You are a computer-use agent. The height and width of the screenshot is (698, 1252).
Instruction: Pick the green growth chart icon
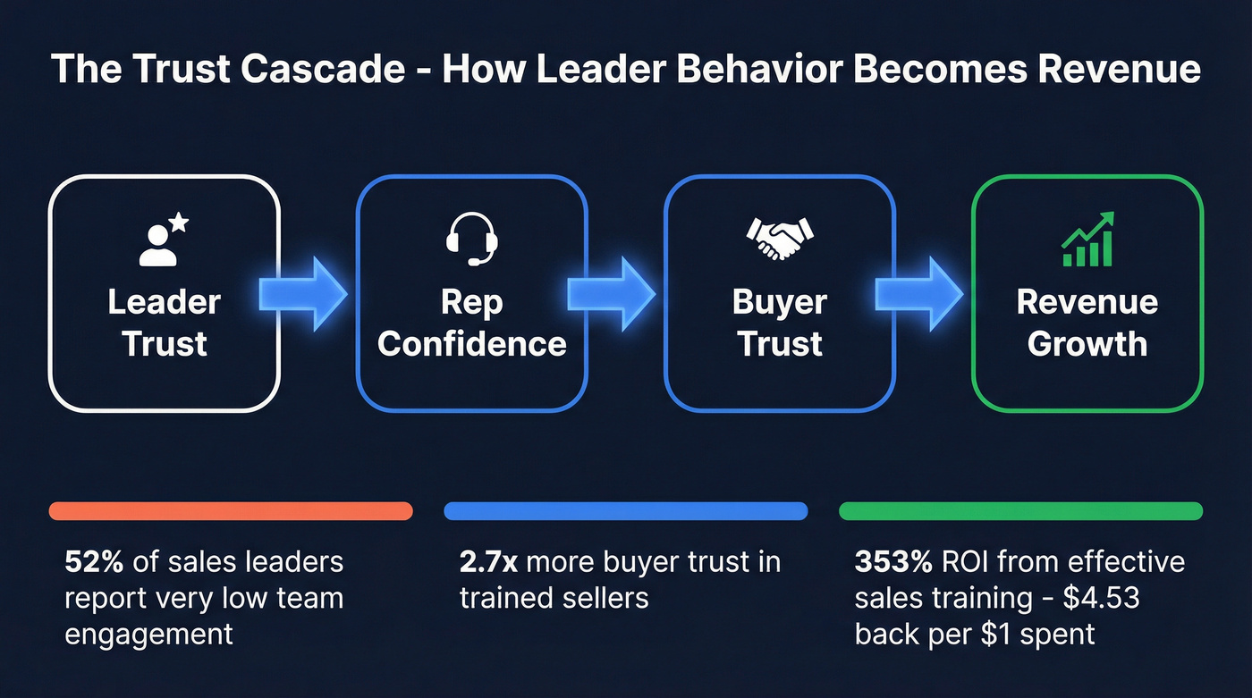click(x=1087, y=240)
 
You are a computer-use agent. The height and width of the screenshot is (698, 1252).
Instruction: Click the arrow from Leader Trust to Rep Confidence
click(x=304, y=291)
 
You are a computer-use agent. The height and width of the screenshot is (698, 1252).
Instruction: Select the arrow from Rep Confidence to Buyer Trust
click(x=612, y=291)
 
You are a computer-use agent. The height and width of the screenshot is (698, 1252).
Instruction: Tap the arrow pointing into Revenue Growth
click(x=920, y=291)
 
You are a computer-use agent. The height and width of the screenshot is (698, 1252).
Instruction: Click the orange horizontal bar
click(x=231, y=511)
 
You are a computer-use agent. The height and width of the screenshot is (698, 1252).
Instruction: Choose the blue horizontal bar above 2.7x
click(x=626, y=511)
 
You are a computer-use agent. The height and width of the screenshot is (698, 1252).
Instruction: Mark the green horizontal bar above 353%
click(x=1021, y=511)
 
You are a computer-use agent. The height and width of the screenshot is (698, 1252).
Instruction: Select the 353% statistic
click(x=892, y=562)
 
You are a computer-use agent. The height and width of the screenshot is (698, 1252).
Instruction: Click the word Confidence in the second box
click(x=472, y=343)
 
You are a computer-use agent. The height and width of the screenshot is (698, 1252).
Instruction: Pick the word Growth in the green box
click(x=1087, y=343)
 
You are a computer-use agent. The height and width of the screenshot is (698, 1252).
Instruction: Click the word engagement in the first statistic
click(x=148, y=634)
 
